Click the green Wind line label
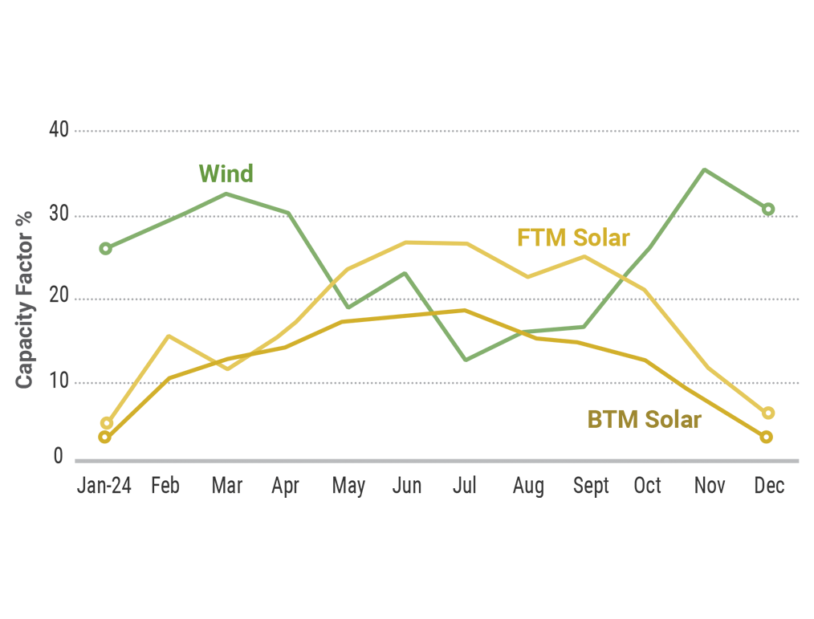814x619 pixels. [226, 173]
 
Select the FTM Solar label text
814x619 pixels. [573, 238]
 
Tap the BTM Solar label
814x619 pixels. [644, 419]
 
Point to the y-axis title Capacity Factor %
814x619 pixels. [25, 299]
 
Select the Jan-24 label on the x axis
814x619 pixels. [104, 486]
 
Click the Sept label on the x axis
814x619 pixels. [591, 486]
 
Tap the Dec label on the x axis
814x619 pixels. [769, 486]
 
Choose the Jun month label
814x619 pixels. [407, 486]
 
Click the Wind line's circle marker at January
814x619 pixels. [105, 248]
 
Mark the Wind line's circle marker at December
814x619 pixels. [768, 209]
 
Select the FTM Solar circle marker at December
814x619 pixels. [767, 413]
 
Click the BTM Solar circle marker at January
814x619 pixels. [104, 437]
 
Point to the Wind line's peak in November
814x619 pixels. [704, 169]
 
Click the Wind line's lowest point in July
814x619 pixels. [465, 359]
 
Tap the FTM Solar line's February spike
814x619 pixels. [168, 336]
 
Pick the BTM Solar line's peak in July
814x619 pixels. [464, 310]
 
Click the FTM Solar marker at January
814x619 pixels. [106, 423]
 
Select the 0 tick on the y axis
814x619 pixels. [58, 457]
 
